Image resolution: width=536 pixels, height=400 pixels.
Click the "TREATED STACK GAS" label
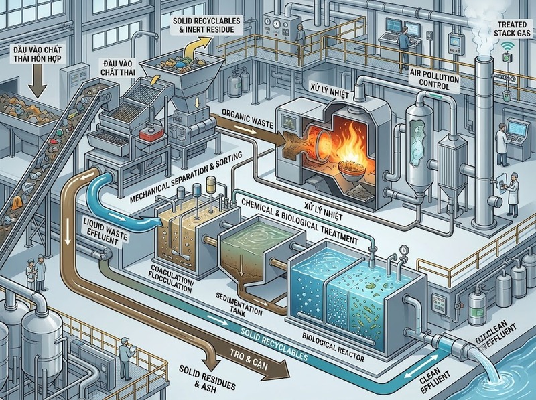[512, 29]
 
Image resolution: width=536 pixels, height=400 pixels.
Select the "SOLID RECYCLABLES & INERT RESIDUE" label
[206, 25]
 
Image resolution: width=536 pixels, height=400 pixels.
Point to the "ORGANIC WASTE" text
[247, 119]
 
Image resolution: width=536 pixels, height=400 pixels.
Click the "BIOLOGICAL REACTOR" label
[333, 346]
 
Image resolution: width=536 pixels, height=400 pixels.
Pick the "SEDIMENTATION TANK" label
[239, 304]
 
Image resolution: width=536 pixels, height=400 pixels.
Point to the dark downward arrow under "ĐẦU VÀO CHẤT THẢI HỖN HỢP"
[38, 80]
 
